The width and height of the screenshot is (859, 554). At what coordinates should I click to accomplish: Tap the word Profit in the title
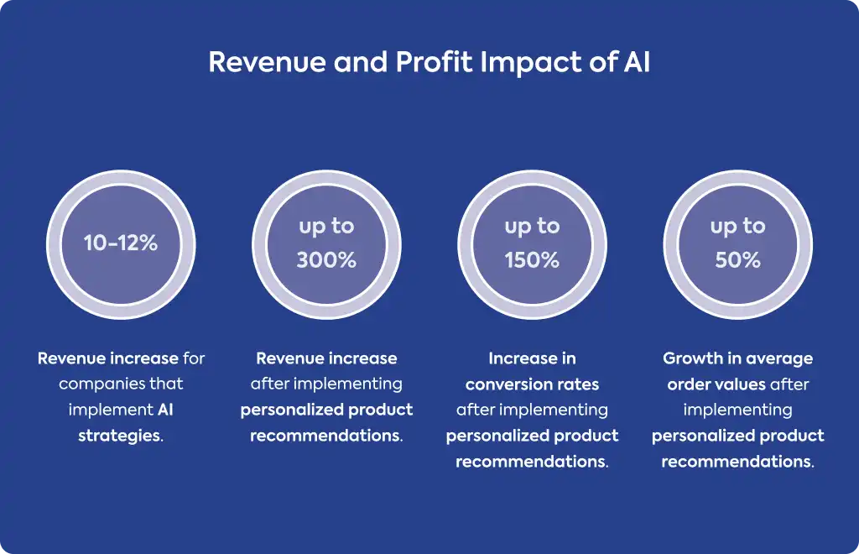point(434,62)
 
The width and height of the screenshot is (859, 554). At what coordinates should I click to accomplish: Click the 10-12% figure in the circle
point(121,243)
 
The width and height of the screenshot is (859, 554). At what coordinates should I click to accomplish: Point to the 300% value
point(326,259)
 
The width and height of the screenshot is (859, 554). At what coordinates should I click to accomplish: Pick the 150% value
point(532,259)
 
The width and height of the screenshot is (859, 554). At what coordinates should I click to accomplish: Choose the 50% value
point(738,259)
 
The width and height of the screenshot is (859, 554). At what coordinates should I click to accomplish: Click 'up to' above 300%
point(326,227)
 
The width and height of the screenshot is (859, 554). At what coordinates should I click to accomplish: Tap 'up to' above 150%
point(532,227)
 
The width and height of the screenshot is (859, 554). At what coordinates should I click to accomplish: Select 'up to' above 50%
point(738,227)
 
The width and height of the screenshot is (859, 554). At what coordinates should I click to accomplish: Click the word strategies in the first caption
point(121,436)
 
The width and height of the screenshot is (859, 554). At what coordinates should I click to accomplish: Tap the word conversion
point(503,384)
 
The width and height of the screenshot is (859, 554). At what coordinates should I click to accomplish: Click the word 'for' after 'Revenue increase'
point(194,358)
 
